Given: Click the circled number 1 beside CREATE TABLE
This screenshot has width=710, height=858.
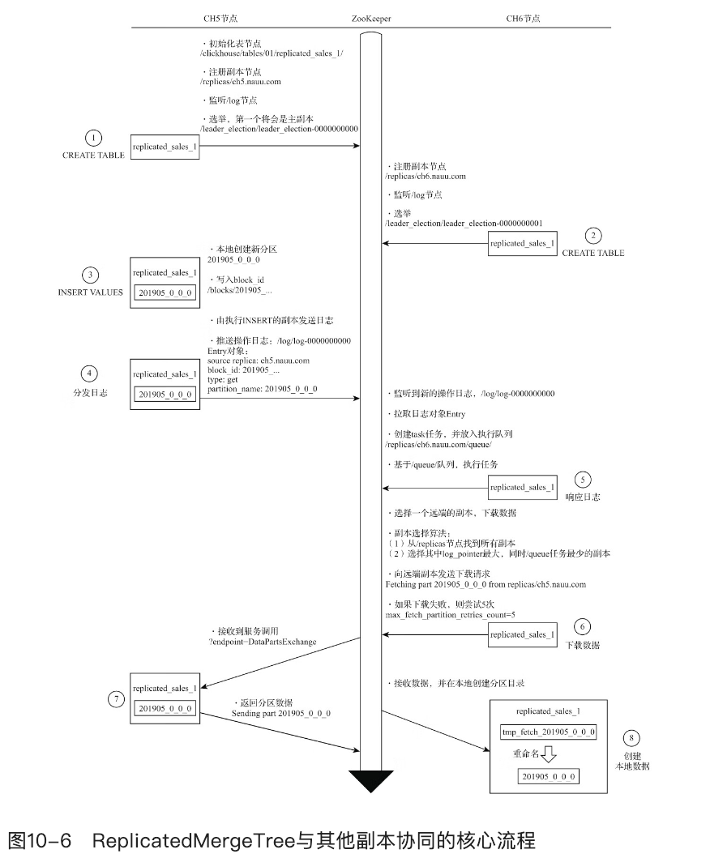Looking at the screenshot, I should coord(95,137).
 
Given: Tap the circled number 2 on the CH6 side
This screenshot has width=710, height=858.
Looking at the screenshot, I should coord(593,236).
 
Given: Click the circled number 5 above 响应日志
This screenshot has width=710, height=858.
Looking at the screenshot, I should coord(583,477).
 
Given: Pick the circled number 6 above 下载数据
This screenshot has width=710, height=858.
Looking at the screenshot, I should coord(583,626).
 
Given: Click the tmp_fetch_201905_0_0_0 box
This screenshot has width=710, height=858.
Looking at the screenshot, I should coord(549,732).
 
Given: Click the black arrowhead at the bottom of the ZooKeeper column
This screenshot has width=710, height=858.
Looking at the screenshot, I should coord(370,781).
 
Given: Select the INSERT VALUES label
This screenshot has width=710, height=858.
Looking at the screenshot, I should coord(91,293).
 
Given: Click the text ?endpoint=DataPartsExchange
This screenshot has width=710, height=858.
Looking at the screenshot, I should coord(263,641).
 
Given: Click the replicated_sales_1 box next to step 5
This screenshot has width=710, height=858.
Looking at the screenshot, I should coord(522,488).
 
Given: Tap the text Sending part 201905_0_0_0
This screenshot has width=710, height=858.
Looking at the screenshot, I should coord(281,713).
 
